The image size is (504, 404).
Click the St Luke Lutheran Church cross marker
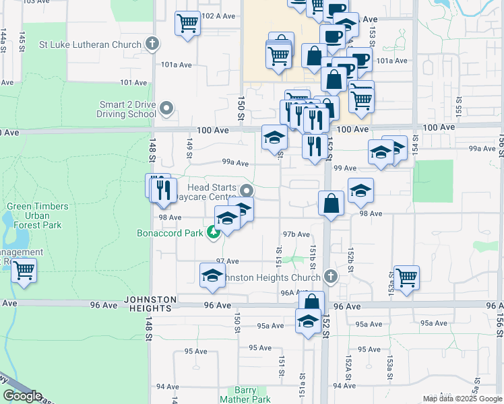(152, 45)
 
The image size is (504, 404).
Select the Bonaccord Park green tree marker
(214, 233)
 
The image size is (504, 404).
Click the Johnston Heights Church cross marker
(330, 277)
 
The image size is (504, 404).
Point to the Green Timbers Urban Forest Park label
(35, 215)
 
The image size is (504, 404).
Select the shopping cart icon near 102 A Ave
(187, 23)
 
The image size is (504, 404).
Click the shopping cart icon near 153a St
(406, 277)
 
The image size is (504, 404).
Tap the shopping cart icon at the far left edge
(24, 271)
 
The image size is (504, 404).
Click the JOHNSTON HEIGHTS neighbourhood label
(150, 304)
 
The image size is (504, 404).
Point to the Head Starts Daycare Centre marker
(247, 191)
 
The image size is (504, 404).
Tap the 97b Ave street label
(296, 234)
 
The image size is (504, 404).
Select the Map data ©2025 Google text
(462, 399)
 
